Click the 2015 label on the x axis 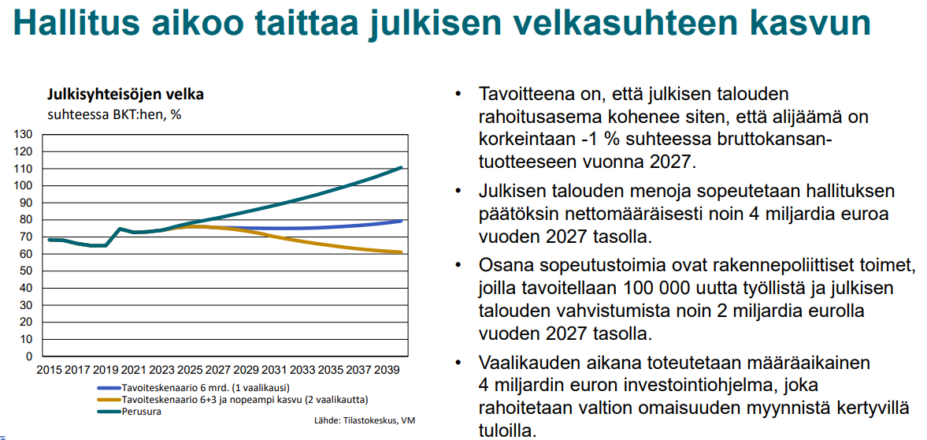coord(49,369)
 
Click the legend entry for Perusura coord(140,411)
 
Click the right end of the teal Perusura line coord(402,167)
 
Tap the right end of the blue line coord(402,221)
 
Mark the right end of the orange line coord(402,252)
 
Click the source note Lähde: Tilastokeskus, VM coord(364,420)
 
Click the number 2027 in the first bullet coord(665,163)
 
